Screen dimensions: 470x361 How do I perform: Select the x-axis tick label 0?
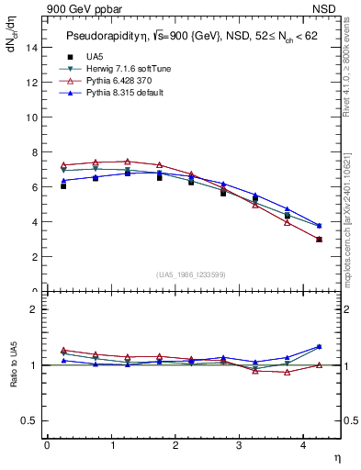[47, 445]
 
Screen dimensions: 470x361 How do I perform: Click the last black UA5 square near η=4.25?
[319, 239]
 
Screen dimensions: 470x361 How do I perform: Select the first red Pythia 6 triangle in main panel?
[63, 165]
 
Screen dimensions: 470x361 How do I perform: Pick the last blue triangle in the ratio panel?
[319, 347]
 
